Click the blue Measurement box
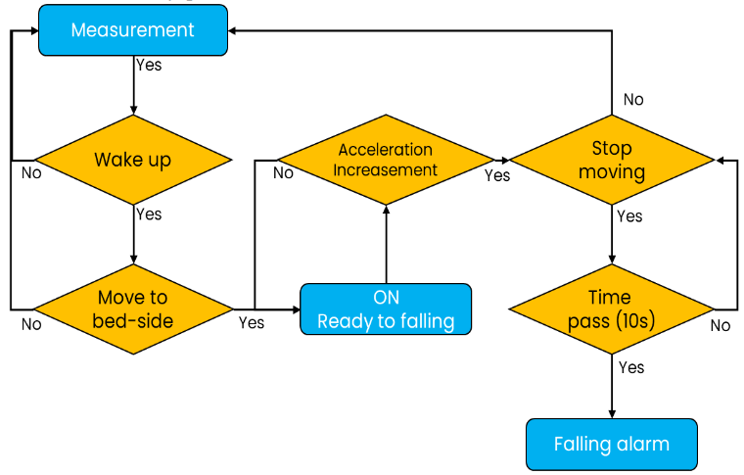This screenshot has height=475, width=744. tap(132, 30)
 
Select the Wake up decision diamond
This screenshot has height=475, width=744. tap(132, 160)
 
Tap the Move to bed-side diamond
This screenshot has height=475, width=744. tap(132, 309)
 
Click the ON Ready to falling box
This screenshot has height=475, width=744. tap(386, 309)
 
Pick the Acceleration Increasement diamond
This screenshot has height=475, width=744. tap(385, 160)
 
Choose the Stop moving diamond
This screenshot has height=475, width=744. tap(612, 160)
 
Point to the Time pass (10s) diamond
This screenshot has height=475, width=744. tap(612, 309)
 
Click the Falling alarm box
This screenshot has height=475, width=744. tap(612, 444)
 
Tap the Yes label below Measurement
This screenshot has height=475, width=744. tap(149, 66)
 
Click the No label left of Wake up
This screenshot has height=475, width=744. tap(31, 173)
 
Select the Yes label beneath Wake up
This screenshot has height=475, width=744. tap(149, 214)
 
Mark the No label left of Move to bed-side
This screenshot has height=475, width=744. tap(31, 324)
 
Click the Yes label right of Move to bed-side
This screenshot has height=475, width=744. tap(252, 322)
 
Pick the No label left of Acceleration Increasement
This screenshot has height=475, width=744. tap(283, 173)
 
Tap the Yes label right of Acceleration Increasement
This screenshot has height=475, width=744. tap(497, 175)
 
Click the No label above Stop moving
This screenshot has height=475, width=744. tap(633, 99)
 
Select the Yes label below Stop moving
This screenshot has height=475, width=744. tap(630, 215)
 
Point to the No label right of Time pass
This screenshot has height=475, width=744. tap(721, 325)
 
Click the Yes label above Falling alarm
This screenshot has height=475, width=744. tap(631, 367)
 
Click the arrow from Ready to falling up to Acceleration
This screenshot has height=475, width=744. tap(386, 245)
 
